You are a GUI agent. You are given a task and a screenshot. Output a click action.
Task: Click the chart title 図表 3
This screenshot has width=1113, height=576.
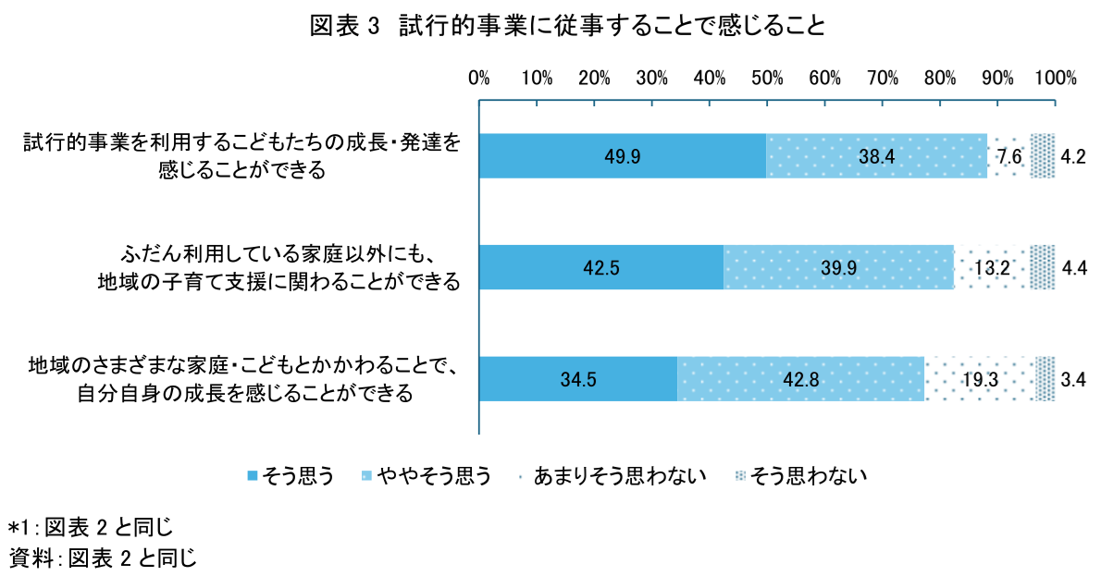[567, 27]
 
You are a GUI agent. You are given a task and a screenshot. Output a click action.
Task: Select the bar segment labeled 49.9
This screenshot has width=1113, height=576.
[622, 156]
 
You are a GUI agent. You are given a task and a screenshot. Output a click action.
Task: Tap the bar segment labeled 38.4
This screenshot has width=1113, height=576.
[876, 156]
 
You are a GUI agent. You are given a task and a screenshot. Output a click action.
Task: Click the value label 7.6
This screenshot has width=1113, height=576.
[1008, 156]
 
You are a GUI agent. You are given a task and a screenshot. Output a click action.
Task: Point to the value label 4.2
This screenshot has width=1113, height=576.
[1073, 156]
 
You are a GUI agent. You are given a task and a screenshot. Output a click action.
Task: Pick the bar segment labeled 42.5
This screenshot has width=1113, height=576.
[600, 268]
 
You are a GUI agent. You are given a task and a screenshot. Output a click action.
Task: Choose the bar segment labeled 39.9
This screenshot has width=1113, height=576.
[838, 268]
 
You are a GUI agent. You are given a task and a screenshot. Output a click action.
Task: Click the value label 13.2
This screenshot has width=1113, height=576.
[992, 268]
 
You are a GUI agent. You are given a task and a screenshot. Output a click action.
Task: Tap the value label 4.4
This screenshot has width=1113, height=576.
[1073, 268]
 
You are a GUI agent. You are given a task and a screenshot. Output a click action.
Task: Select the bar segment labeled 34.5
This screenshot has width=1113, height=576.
[577, 379]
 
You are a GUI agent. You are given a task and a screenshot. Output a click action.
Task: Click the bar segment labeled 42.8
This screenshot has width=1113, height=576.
[800, 379]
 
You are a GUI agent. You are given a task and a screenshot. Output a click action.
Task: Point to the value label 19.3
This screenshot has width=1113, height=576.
[979, 379]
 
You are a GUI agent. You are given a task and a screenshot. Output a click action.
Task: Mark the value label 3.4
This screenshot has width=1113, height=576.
[1073, 379]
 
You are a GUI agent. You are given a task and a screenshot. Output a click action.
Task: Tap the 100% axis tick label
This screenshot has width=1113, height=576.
[1055, 79]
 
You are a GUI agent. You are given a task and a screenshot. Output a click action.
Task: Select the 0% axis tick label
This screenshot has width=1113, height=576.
[478, 79]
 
